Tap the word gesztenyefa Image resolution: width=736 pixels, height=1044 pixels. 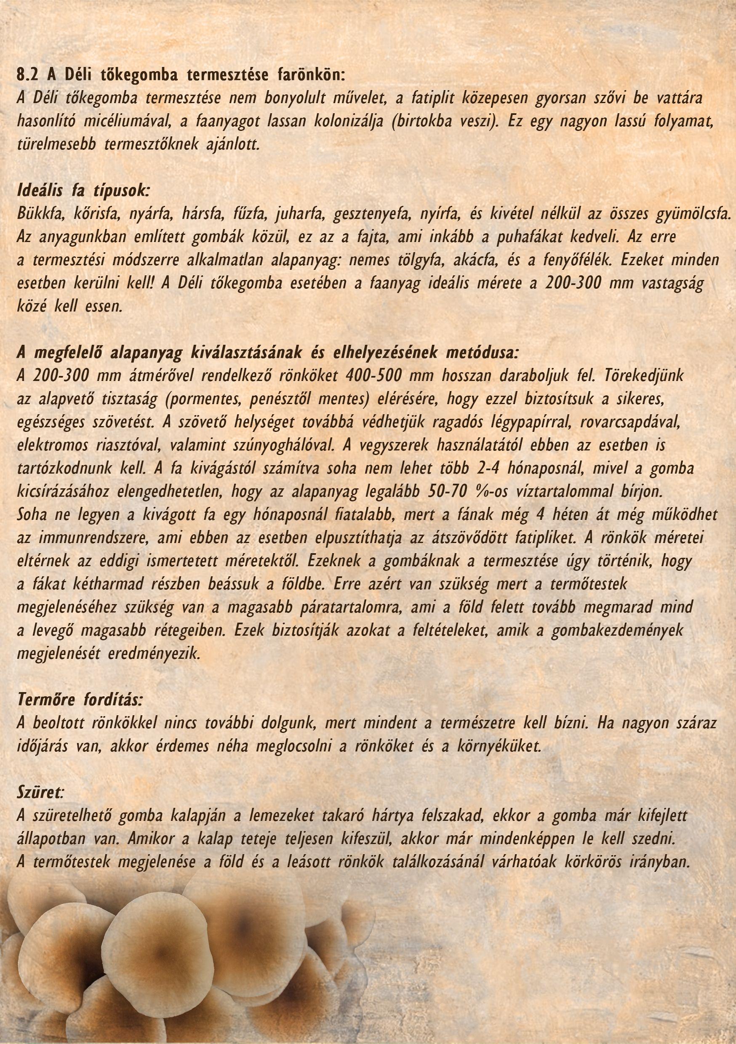pyautogui.click(x=370, y=213)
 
